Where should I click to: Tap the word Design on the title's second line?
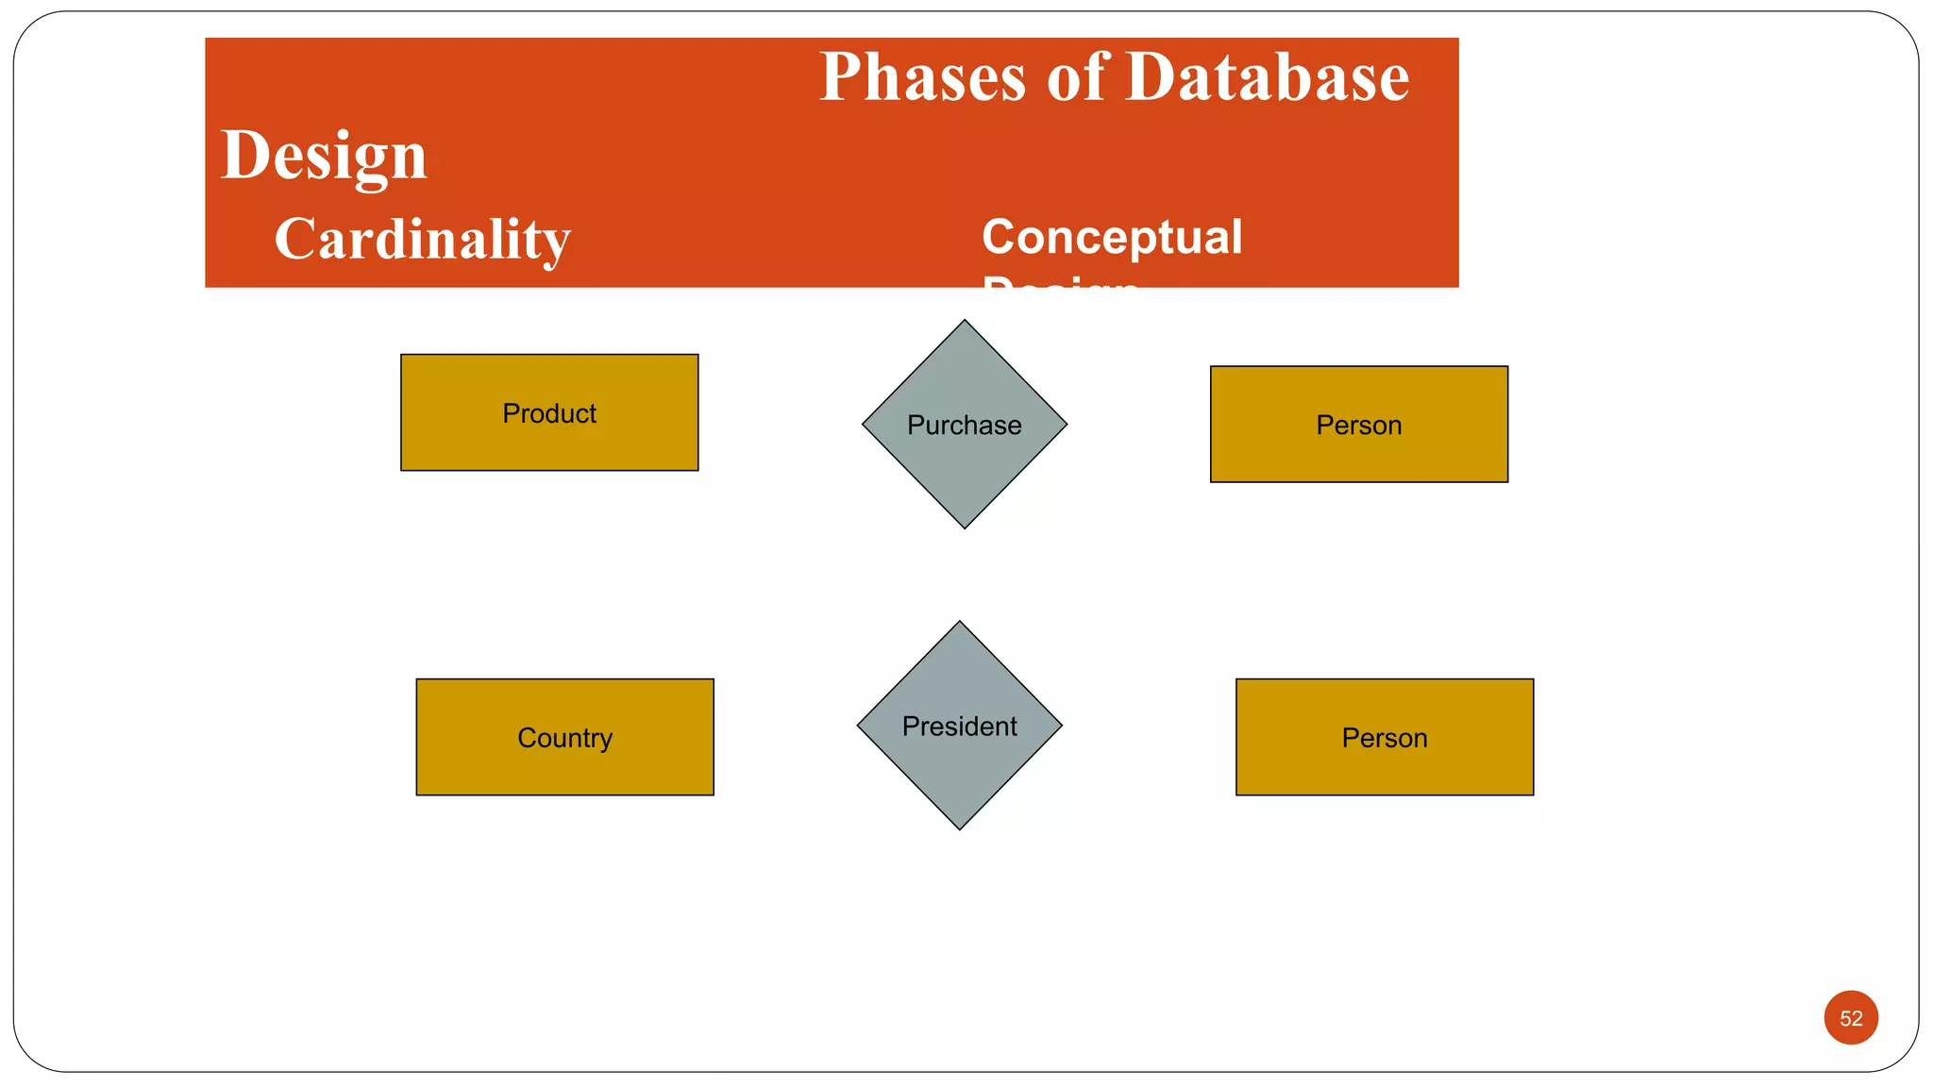[x=324, y=156]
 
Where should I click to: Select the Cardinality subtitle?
[x=422, y=239]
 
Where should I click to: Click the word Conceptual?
[x=1112, y=237]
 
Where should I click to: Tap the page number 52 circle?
[x=1850, y=1017]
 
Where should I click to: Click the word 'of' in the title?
[x=1076, y=77]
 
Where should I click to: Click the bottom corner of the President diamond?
[x=959, y=827]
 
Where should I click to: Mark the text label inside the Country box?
[x=564, y=738]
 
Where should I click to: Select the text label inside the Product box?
[x=549, y=413]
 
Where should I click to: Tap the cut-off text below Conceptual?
[x=1061, y=282]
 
